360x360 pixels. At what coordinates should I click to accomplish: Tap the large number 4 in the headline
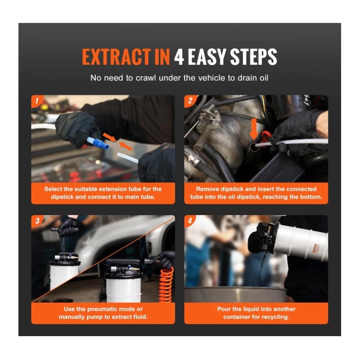point(179,57)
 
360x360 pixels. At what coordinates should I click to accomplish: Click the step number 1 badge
point(37,100)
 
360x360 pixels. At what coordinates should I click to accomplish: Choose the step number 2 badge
point(190,100)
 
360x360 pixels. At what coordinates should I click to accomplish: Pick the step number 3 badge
point(37,220)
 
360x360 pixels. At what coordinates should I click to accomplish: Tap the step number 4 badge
point(190,220)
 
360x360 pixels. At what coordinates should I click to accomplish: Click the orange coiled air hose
point(166,285)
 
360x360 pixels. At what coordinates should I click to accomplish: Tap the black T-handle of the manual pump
point(64,229)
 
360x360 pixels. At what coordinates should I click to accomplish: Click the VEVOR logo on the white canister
point(315,249)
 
